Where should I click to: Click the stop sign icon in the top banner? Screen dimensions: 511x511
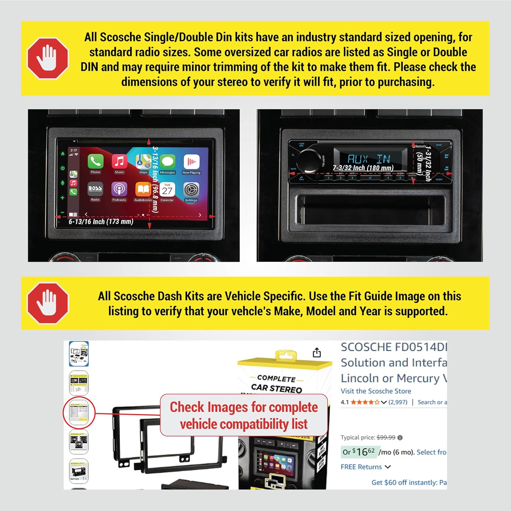(47, 58)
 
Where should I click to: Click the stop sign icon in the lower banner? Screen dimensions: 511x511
(47, 303)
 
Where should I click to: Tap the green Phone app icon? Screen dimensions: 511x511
(95, 161)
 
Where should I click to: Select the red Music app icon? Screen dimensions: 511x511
(119, 161)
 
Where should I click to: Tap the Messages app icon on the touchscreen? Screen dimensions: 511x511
(167, 161)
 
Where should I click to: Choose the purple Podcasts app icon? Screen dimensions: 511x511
(119, 189)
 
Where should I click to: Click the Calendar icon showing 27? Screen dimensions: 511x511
(167, 189)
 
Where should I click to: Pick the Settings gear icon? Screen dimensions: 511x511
(191, 189)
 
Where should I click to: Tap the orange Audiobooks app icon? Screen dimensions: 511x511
(143, 189)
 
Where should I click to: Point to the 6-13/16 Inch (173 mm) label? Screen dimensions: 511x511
(101, 222)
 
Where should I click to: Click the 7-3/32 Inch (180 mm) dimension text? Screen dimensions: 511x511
(363, 168)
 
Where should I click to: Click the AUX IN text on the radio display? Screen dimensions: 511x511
(369, 159)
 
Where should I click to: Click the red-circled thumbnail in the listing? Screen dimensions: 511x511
(79, 412)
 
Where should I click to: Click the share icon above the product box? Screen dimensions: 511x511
(317, 353)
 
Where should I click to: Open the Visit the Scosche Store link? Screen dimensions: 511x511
(376, 391)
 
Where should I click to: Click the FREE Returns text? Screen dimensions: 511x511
(361, 467)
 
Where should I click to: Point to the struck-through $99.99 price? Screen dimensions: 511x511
(386, 437)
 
